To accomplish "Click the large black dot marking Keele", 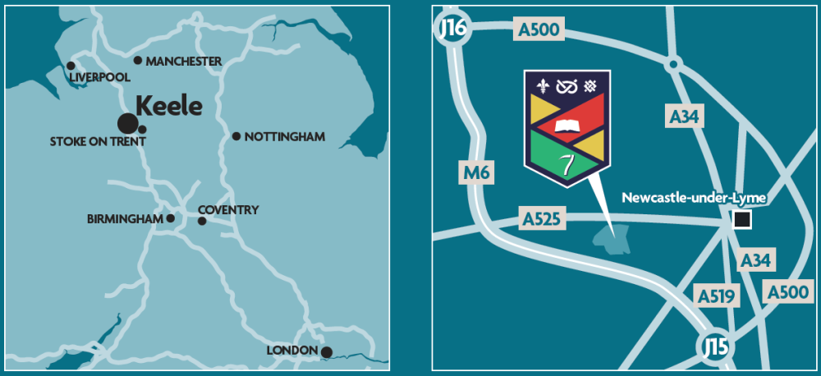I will (x=127, y=123).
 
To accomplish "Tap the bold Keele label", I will (x=168, y=106).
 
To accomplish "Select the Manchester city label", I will (x=182, y=61).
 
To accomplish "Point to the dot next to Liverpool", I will (x=71, y=66).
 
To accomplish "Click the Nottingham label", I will (x=285, y=136).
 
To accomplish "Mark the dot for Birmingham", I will (x=171, y=218).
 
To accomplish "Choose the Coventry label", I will (x=228, y=210).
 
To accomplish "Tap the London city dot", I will (x=326, y=352).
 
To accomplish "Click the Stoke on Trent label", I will (x=98, y=141).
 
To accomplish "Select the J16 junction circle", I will (x=452, y=29).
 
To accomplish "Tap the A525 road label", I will (x=541, y=220).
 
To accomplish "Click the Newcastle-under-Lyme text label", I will (x=682, y=197).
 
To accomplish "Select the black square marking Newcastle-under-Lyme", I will (x=742, y=219).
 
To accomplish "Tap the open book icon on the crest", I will (x=567, y=126).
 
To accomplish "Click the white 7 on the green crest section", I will (x=566, y=163).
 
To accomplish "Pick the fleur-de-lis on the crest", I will (x=544, y=85).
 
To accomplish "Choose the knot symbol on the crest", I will (x=567, y=85).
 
